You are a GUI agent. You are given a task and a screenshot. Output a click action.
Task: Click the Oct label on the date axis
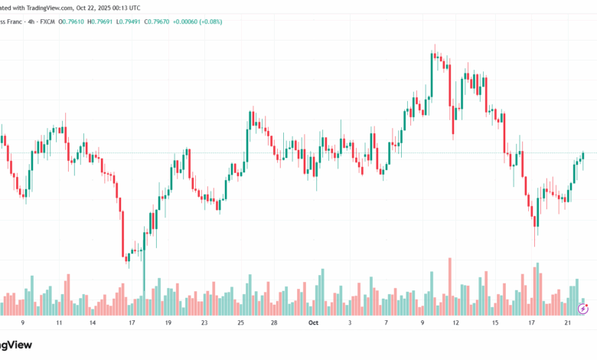[x=312, y=323]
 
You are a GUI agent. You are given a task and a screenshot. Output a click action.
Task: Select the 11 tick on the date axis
[x=60, y=323]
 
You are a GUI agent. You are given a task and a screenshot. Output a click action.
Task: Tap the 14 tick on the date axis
[x=92, y=323]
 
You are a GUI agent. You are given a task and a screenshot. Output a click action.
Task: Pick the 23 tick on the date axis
[x=204, y=323]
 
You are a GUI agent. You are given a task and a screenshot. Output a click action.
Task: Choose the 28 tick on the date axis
[x=273, y=323]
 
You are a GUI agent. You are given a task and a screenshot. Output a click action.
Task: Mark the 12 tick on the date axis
[x=455, y=323]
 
